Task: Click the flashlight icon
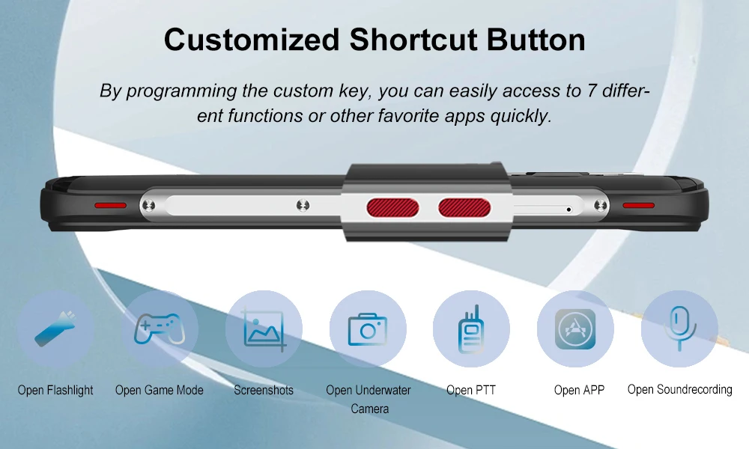(55, 329)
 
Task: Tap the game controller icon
(160, 329)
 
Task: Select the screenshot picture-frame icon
(264, 329)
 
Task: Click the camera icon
(367, 329)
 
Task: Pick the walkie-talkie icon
(471, 329)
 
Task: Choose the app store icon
(575, 329)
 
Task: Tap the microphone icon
(680, 329)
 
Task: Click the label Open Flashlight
(55, 391)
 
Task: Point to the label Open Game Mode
(159, 391)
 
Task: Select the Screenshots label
(264, 391)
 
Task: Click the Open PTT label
(471, 391)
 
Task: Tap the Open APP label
(579, 391)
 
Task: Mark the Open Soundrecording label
(680, 390)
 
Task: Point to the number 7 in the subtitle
(592, 91)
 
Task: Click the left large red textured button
(392, 208)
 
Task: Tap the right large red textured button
(464, 208)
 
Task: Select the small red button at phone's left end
(110, 205)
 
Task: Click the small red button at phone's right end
(639, 205)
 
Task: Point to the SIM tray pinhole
(568, 209)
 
